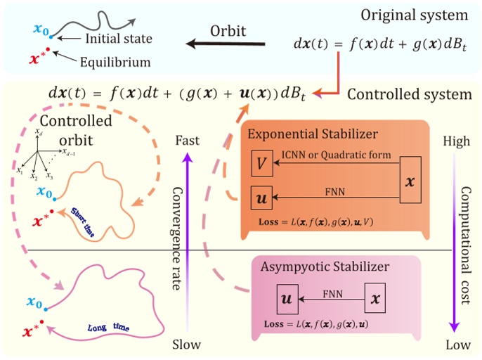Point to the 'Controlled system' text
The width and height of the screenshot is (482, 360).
(x=408, y=94)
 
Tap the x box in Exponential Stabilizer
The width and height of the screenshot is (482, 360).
(x=410, y=181)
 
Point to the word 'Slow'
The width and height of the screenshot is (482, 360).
(x=186, y=345)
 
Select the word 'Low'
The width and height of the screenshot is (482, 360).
(x=455, y=345)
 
